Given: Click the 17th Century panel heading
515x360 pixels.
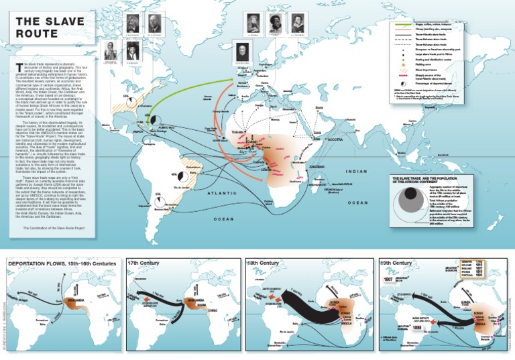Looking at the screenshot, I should (x=144, y=263).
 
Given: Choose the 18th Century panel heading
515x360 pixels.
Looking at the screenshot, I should (x=264, y=263).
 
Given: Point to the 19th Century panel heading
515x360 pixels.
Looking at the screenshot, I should (x=396, y=263).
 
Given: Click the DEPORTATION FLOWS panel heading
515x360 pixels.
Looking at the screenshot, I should (x=62, y=263).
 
